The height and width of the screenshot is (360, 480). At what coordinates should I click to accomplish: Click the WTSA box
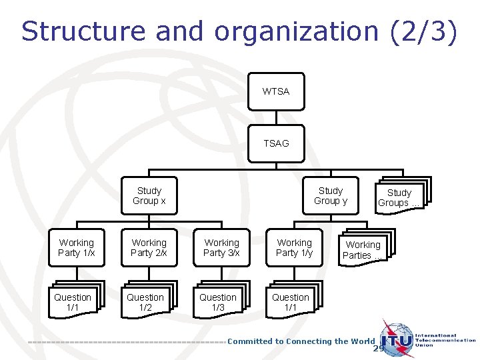click(276, 91)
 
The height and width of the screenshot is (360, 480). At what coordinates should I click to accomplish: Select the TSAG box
click(276, 143)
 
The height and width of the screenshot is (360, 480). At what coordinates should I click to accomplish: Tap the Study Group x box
click(149, 195)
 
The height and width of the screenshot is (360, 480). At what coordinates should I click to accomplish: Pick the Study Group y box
click(330, 195)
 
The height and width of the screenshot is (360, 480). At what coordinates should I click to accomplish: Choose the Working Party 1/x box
click(77, 247)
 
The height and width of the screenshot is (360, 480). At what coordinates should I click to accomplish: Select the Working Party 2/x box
click(149, 247)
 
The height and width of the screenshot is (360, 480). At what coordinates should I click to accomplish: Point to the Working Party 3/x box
click(221, 247)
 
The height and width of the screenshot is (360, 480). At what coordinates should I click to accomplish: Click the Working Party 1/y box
click(294, 247)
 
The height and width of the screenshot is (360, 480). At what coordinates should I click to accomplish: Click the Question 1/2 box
click(145, 302)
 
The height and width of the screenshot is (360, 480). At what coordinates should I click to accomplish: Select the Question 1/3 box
click(218, 302)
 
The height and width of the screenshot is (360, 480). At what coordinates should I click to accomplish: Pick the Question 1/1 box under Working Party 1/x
click(73, 302)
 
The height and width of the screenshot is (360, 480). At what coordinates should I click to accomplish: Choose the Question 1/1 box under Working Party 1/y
click(291, 302)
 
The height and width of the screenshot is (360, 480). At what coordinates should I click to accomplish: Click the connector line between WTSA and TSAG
click(276, 117)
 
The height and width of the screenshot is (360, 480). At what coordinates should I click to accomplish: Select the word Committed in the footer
click(251, 341)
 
